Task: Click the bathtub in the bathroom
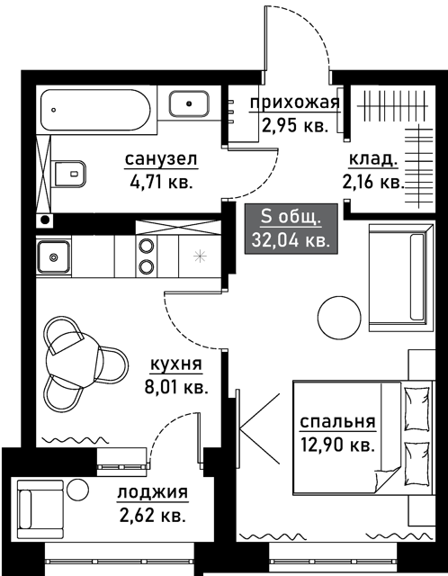pyautogui.click(x=95, y=110)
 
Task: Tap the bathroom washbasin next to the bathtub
pyautogui.click(x=189, y=104)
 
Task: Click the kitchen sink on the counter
pyautogui.click(x=54, y=256)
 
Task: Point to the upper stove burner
pyautogui.click(x=146, y=246)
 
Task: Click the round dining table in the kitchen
pyautogui.click(x=75, y=360)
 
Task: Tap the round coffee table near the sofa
pyautogui.click(x=339, y=318)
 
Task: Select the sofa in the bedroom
pyautogui.click(x=401, y=277)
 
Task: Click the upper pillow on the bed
pyautogui.click(x=417, y=408)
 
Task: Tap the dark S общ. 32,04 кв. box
pyautogui.click(x=291, y=229)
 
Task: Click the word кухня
pyautogui.click(x=176, y=364)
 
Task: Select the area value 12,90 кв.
pyautogui.click(x=337, y=445)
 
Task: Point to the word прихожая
pyautogui.click(x=295, y=103)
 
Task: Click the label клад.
pyautogui.click(x=373, y=159)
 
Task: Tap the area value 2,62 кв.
pyautogui.click(x=152, y=516)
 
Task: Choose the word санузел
pyautogui.click(x=161, y=159)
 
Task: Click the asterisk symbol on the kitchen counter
pyautogui.click(x=200, y=256)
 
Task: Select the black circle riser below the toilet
pyautogui.click(x=45, y=220)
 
